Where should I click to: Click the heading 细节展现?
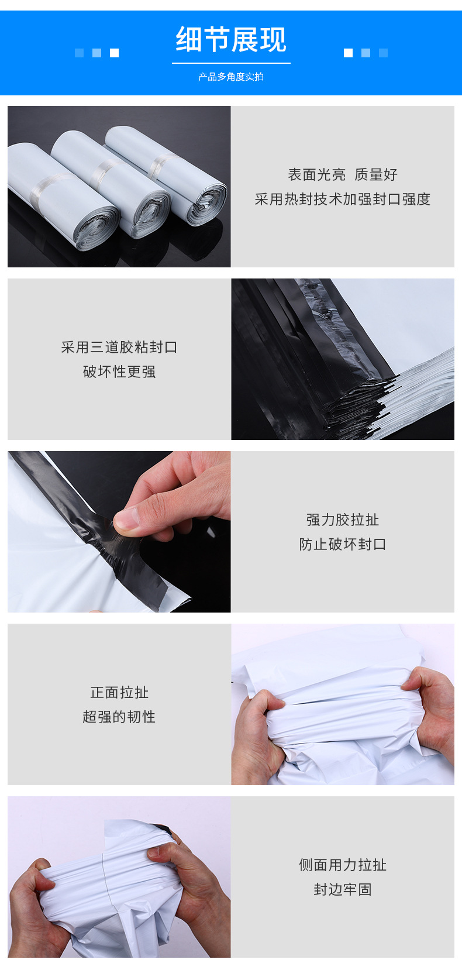pos(231,40)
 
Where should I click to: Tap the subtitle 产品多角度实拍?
pos(231,77)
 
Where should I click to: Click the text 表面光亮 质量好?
pos(343,174)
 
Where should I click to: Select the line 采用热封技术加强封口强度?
pos(343,199)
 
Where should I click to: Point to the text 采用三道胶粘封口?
pos(119,347)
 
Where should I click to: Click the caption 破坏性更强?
pos(119,372)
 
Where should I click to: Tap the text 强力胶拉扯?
pos(343,520)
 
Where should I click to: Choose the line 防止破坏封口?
pos(343,544)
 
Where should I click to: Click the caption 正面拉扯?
pos(119,692)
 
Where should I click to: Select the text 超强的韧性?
pos(119,717)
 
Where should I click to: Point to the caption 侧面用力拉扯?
pos(343,865)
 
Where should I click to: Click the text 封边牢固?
pos(343,889)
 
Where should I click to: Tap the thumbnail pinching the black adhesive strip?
pos(119,531)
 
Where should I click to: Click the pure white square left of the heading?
pos(115,53)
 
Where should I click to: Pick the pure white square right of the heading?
pos(348,53)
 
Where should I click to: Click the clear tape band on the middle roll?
pos(106,170)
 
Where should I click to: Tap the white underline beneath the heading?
pos(231,63)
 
